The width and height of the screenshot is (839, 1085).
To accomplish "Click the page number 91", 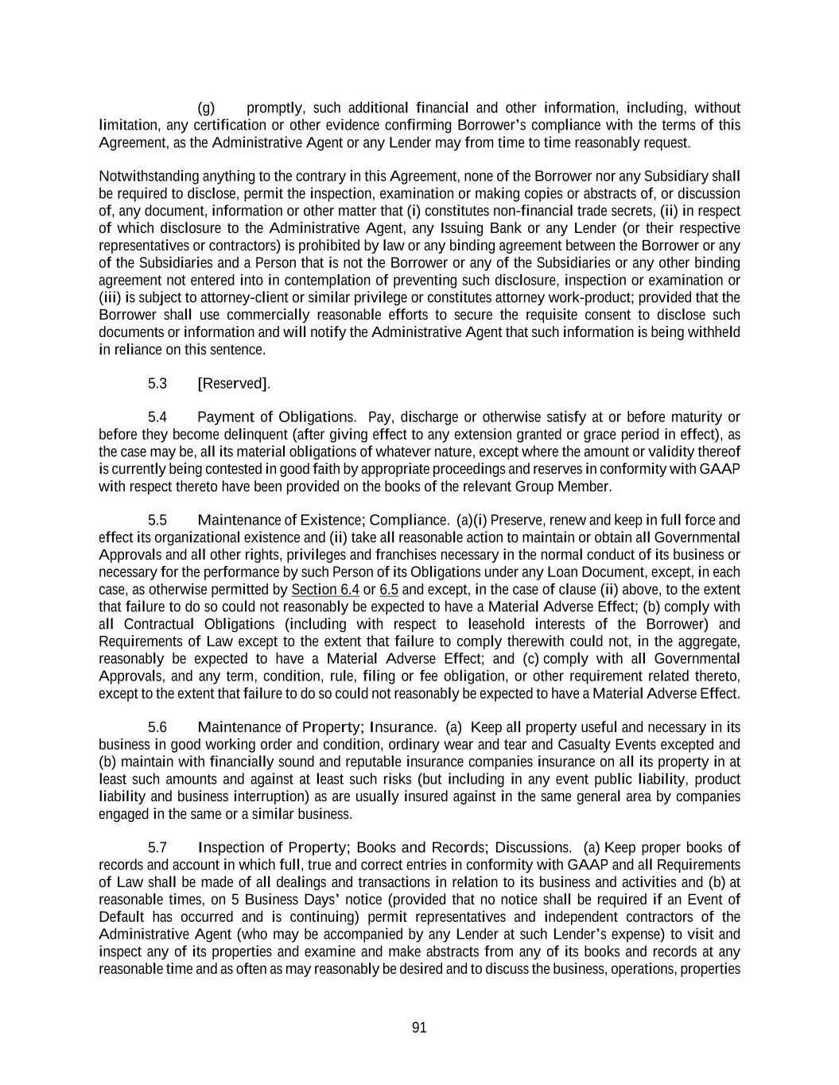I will pyautogui.click(x=419, y=1027).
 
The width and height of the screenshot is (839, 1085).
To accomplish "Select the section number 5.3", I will pyautogui.click(x=157, y=383).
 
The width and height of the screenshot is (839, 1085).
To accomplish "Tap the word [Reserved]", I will pyautogui.click(x=233, y=383).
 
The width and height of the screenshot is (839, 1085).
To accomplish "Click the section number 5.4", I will pyautogui.click(x=157, y=417).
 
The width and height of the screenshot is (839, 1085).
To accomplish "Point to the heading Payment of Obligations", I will pyautogui.click(x=276, y=417).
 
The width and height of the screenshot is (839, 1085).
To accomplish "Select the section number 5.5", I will pyautogui.click(x=157, y=521).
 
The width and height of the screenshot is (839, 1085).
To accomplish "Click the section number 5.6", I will pyautogui.click(x=157, y=727).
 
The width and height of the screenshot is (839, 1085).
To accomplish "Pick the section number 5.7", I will pyautogui.click(x=157, y=847).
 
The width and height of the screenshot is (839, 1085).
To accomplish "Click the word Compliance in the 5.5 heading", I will pyautogui.click(x=409, y=521).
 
